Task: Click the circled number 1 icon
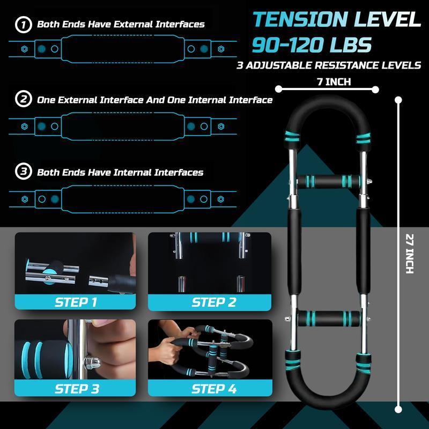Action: click(x=23, y=24)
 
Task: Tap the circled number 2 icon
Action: click(x=23, y=100)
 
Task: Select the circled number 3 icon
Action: click(x=23, y=172)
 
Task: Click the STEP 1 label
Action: click(x=76, y=302)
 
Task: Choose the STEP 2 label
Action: click(x=213, y=302)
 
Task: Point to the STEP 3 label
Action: click(x=76, y=387)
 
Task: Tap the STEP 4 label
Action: click(x=213, y=387)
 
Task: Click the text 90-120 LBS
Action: click(x=312, y=45)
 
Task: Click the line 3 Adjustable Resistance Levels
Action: click(x=329, y=66)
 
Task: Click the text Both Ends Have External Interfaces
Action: click(x=121, y=24)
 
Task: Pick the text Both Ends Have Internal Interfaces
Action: click(x=120, y=172)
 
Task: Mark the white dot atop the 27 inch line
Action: click(x=398, y=99)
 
